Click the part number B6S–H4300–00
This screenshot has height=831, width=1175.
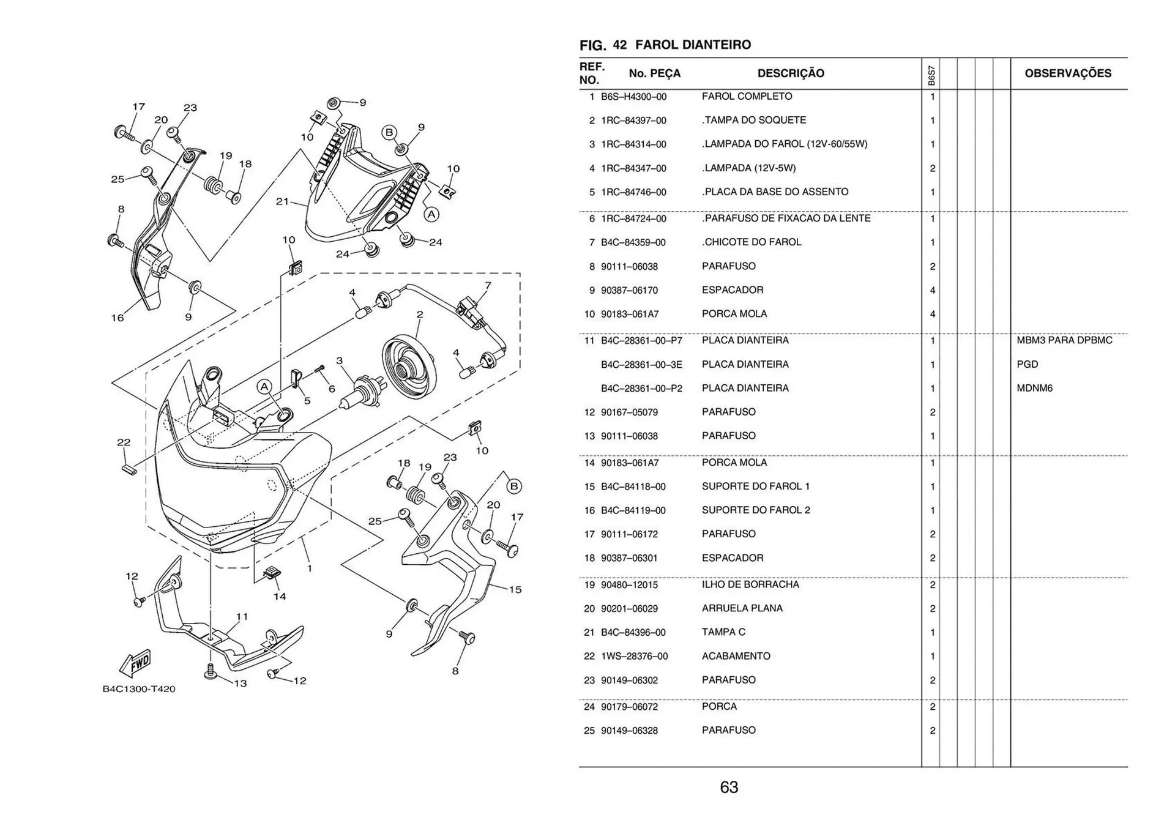coord(633,97)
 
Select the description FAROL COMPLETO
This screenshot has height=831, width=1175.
coord(747,97)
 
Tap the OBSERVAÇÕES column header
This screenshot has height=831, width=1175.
coord(1068,73)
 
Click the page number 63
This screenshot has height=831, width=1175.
coord(729,788)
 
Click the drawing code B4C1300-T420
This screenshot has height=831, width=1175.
coord(139,689)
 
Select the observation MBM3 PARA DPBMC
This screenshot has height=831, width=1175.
coord(1064,340)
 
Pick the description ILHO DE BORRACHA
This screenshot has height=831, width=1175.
coord(750,584)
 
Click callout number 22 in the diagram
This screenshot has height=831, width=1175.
coord(124,442)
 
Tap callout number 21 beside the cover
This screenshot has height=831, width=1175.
coord(282,201)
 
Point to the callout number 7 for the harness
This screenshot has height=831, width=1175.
coord(488,285)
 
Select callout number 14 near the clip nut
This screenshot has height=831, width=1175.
coord(280,596)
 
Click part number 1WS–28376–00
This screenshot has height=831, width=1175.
coord(634,656)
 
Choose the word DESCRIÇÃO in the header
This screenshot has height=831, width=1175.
coord(791,73)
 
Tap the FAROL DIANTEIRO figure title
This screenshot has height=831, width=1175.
coord(693,45)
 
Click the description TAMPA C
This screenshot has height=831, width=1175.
coord(723,632)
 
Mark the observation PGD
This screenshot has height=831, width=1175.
coord(1027,364)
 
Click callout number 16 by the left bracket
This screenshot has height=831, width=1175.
coord(117,318)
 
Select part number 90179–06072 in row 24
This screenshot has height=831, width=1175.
coord(629,707)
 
